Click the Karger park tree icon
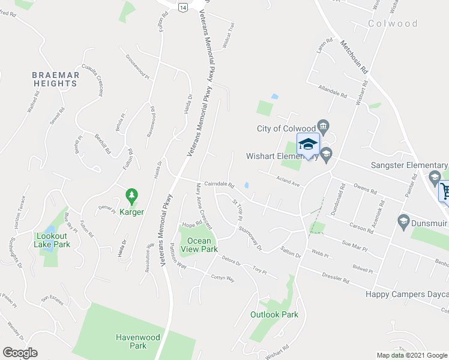point(131,196)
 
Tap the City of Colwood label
point(285,128)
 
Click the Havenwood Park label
point(138,341)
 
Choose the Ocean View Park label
point(199,245)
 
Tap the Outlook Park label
point(274,314)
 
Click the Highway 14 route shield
point(182,6)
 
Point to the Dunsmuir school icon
point(403,222)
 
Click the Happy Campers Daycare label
point(407,295)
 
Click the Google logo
point(20,353)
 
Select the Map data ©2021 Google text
point(412,355)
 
